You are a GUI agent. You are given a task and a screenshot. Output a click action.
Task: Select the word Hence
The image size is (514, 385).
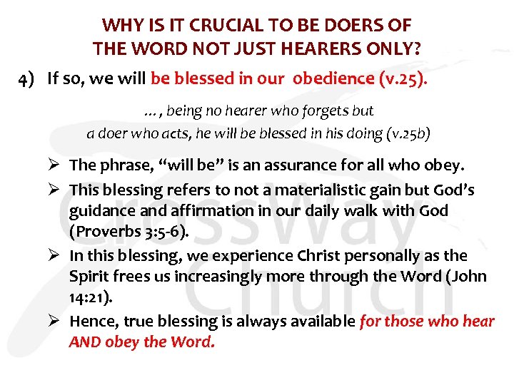click(x=91, y=322)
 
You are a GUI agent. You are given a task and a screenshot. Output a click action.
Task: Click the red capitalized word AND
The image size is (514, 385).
click(x=85, y=342)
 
